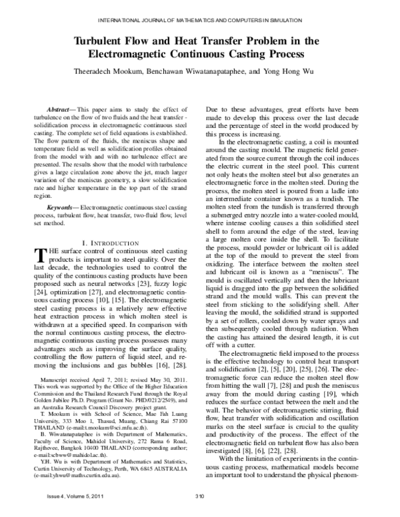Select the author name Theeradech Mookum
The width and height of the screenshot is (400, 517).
pyautogui.click(x=98, y=70)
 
